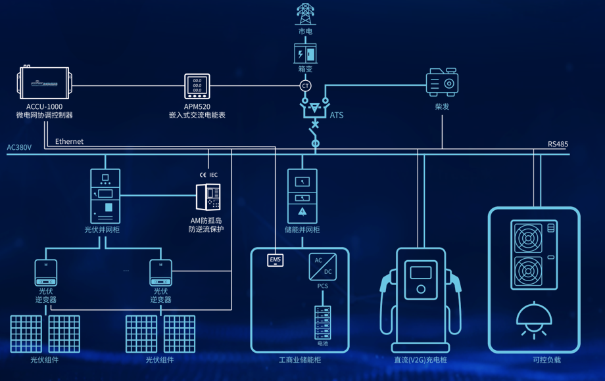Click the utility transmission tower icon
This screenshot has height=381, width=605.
point(305,14)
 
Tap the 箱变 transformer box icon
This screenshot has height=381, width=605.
point(305,53)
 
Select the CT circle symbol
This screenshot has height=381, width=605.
point(305,86)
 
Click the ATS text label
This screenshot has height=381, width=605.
point(336,116)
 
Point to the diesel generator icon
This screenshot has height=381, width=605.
point(442,82)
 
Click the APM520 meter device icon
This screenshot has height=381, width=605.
point(197,86)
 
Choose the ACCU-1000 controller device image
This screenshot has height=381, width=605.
point(43,83)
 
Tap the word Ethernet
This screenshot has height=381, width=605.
point(69,141)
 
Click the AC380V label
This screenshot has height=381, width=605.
point(19,148)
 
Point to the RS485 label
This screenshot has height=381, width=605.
point(558,145)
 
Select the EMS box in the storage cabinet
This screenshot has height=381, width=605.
point(276,260)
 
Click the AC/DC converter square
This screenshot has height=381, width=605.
point(322,266)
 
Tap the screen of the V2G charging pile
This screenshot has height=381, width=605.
point(421,272)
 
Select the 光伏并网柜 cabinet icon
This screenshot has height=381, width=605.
point(105,196)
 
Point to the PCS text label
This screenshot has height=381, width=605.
point(322,286)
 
